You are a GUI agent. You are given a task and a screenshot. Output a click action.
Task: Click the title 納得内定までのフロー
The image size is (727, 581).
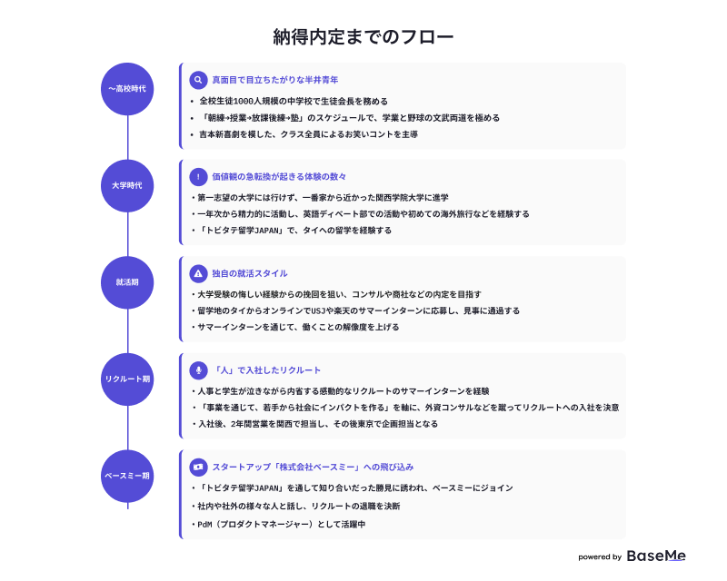[x=363, y=37]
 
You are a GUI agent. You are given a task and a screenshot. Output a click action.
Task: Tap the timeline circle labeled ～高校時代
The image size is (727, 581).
[x=127, y=89]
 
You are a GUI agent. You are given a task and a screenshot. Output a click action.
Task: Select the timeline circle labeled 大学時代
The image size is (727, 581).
[x=127, y=186]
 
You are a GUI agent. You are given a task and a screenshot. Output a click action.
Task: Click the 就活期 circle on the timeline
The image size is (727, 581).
[x=127, y=282]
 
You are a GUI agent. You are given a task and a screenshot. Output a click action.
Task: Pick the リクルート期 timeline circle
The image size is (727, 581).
[x=127, y=379]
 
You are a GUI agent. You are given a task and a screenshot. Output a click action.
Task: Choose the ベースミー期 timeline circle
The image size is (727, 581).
[x=127, y=477]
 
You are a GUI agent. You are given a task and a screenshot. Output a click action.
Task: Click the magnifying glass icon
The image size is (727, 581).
[x=198, y=80]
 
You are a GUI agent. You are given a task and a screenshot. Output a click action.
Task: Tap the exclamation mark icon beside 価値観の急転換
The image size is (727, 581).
[x=198, y=177]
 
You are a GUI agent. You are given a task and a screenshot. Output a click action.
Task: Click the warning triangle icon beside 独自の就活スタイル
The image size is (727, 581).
[x=198, y=274]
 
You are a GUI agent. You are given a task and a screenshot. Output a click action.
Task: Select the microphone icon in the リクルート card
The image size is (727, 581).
[x=198, y=370]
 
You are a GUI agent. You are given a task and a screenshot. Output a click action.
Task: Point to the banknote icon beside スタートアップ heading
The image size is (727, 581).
[x=198, y=467]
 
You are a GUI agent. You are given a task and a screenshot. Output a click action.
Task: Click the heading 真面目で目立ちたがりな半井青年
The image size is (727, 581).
[x=275, y=80]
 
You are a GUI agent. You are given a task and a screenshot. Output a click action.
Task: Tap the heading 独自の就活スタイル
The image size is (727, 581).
[x=250, y=274]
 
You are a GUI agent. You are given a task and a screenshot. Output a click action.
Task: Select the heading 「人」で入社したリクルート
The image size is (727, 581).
[x=266, y=370]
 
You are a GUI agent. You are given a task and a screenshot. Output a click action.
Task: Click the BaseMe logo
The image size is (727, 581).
[x=656, y=556]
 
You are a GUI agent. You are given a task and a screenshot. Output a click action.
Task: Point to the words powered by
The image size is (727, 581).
[x=600, y=556]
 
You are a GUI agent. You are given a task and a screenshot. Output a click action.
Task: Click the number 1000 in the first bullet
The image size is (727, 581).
[x=243, y=102]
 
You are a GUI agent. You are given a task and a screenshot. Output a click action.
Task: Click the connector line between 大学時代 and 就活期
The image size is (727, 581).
[x=127, y=234]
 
